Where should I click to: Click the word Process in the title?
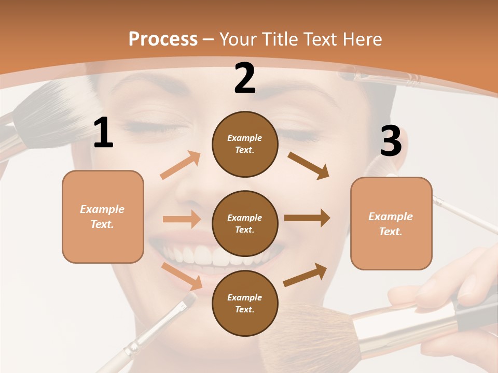point(163,39)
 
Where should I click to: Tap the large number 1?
point(103,133)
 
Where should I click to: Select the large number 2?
point(245,78)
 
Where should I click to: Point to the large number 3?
point(391,141)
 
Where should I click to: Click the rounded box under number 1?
point(103,217)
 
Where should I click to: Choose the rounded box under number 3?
point(391,223)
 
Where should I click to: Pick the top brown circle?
point(245,144)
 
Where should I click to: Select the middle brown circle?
point(245,223)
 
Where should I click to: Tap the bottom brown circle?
point(245,303)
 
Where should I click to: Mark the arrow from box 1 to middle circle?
point(182,219)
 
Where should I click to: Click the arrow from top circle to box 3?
point(309,166)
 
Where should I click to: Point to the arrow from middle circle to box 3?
point(307,218)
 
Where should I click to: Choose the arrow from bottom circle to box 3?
point(305,275)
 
